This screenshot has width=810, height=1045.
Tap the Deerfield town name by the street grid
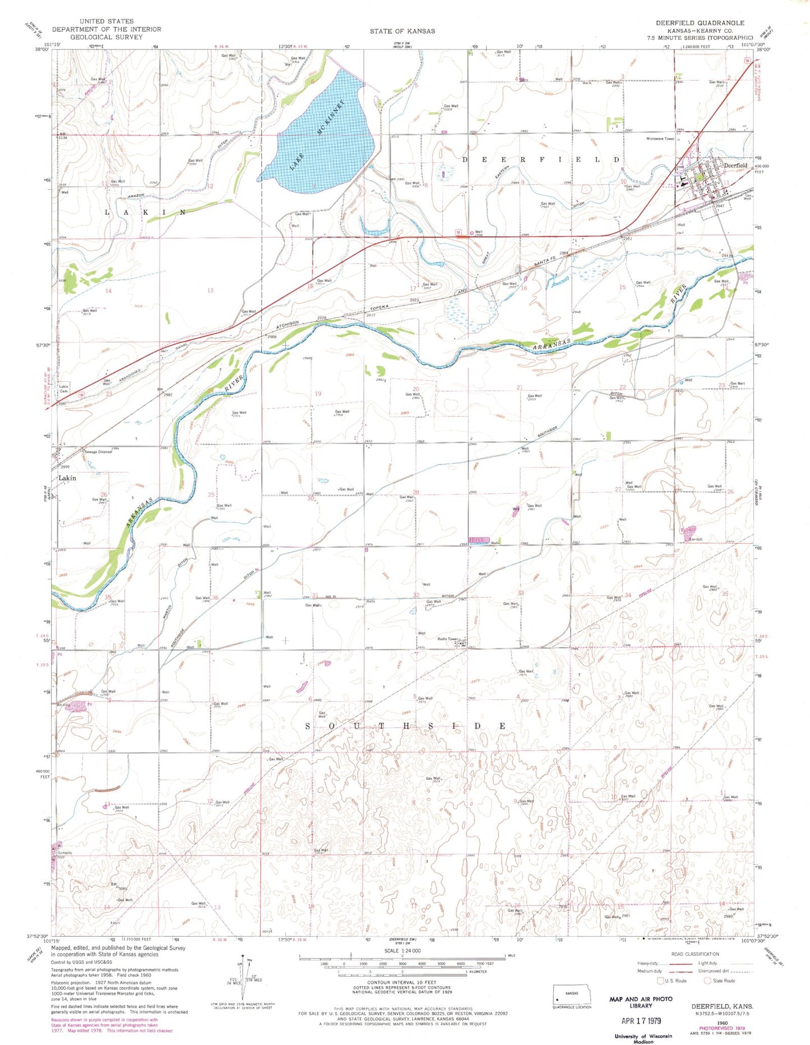click(x=735, y=165)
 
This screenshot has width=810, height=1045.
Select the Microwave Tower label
click(x=660, y=138)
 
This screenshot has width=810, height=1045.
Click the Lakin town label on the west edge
click(x=67, y=478)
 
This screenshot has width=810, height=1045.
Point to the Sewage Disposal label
click(x=98, y=451)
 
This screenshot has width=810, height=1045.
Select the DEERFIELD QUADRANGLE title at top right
click(x=700, y=23)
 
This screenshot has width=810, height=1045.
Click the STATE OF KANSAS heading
click(x=402, y=31)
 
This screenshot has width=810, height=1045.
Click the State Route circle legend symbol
click(x=707, y=981)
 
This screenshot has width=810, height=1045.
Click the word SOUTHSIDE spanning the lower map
click(x=406, y=726)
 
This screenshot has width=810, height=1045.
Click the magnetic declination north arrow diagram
click(x=241, y=979)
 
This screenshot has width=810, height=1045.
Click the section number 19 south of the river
click(x=318, y=394)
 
